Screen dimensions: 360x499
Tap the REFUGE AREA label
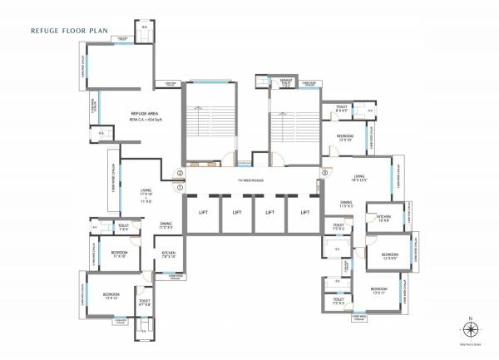[144, 114]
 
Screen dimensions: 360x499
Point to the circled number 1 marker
[180, 187]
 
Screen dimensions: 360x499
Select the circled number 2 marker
[180, 174]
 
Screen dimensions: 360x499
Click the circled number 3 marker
[324, 174]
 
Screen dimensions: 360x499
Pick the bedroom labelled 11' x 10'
[119, 254]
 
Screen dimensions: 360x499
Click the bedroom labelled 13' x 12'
[111, 295]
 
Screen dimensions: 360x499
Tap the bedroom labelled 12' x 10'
[345, 137]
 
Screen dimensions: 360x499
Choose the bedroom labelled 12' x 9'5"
[390, 256]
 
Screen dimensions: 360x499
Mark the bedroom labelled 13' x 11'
[379, 290]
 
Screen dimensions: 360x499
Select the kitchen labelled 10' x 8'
[384, 219]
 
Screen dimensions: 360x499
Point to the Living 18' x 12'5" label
[358, 178]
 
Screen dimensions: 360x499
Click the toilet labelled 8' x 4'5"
[342, 108]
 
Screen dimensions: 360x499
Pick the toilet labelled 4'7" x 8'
[145, 302]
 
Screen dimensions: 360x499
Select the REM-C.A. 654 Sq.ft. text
[144, 121]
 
